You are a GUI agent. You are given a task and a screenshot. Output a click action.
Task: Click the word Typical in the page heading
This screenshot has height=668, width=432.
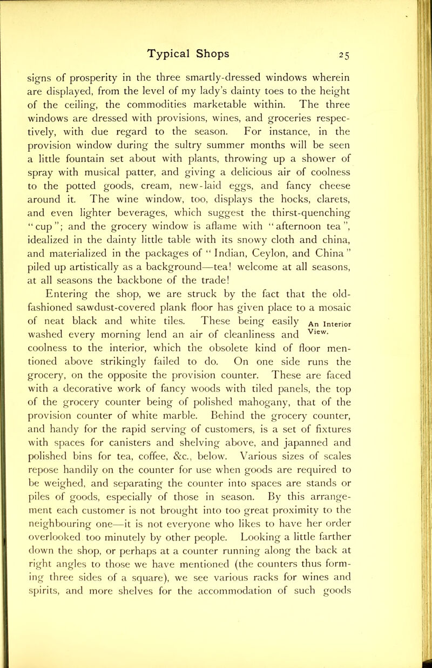[175, 52]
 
